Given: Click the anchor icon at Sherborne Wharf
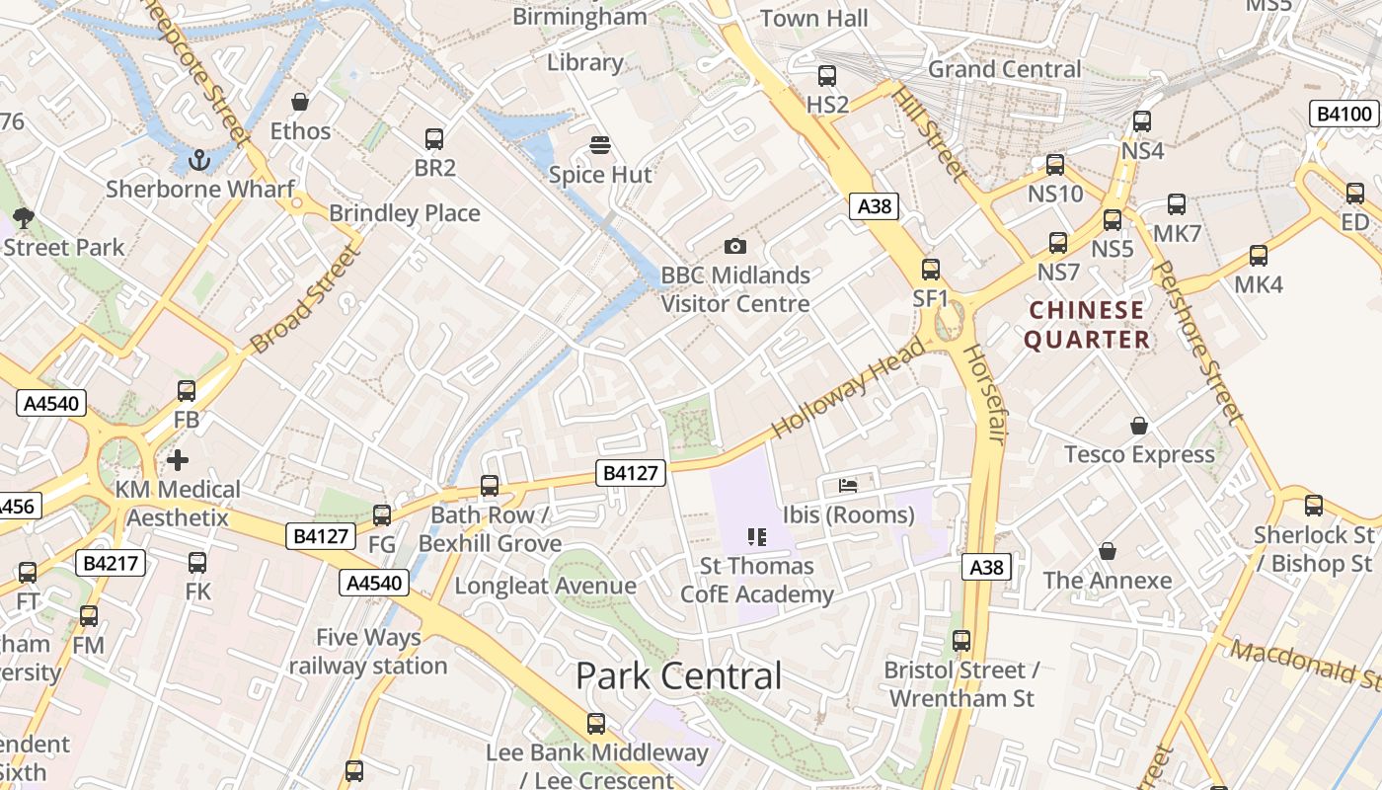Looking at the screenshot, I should [200, 159].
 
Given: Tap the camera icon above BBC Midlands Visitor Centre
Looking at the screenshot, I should [734, 246].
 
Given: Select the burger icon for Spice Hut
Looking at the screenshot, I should [599, 145].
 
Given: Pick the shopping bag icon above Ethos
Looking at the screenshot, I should [300, 102].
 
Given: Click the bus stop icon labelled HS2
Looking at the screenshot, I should [827, 75].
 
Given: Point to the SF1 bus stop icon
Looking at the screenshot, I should [930, 269].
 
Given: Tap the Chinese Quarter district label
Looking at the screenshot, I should [1087, 325].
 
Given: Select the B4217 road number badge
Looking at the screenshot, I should [113, 563].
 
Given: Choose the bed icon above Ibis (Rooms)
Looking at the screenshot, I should [848, 485].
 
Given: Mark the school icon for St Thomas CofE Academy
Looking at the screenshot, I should [757, 537].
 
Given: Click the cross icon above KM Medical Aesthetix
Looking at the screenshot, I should [178, 460].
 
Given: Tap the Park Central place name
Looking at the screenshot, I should [678, 676].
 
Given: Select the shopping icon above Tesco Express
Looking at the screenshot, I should [1139, 426].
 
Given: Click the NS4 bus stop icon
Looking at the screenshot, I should [1142, 121].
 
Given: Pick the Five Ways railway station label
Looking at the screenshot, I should [368, 652].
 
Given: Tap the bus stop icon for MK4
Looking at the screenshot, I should [1259, 256].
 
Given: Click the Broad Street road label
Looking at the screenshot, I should [304, 298].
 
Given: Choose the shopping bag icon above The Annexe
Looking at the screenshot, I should [1108, 551].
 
